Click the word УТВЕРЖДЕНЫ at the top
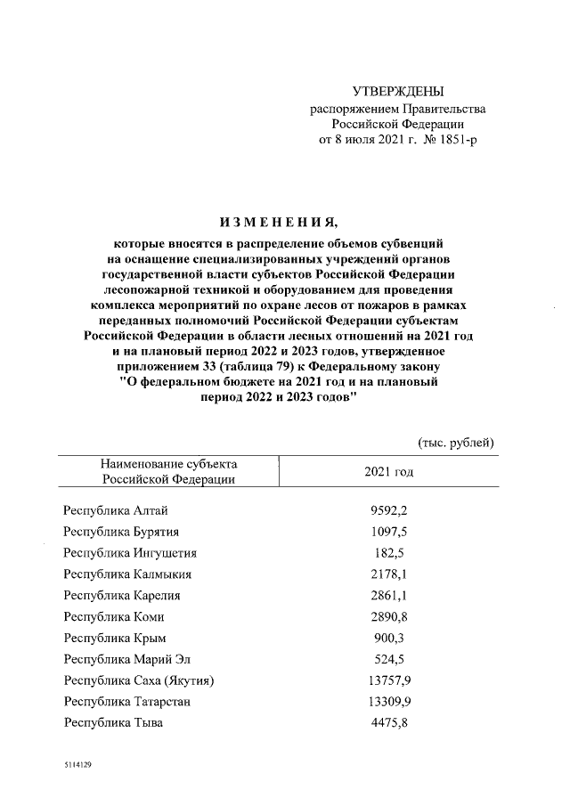397,92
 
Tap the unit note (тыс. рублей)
455,443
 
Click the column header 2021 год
388,471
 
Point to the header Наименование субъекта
169,464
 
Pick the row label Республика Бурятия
121,532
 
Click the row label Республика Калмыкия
127,574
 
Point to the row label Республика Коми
113,616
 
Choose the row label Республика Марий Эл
127,659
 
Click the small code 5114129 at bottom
77,764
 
